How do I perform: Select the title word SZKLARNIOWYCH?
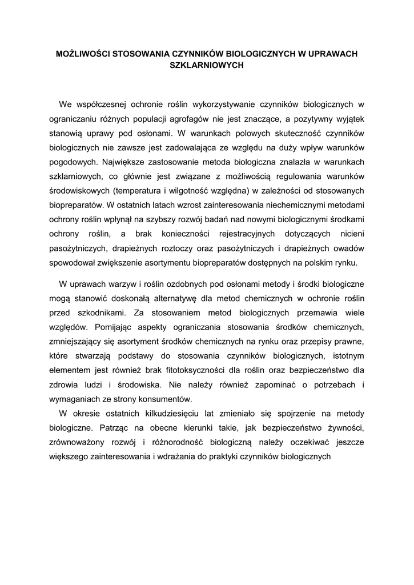coord(207,66)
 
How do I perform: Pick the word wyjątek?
coord(348,119)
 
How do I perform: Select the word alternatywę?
coord(181,298)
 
